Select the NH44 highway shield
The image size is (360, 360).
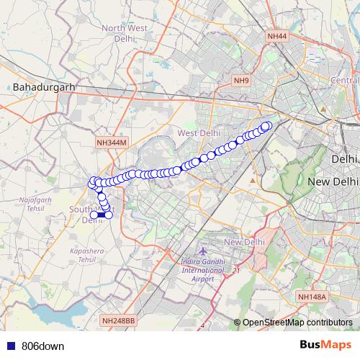coord(276,35)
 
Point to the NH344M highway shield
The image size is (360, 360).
coord(111,143)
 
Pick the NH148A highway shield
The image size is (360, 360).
coord(312,296)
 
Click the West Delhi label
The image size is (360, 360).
coord(199,132)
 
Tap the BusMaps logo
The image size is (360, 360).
coord(325,345)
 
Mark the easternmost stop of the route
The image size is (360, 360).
coord(267,127)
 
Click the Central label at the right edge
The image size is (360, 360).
coord(344,79)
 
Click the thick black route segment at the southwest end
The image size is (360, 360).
coord(102,215)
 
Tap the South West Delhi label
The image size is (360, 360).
coord(92,214)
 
